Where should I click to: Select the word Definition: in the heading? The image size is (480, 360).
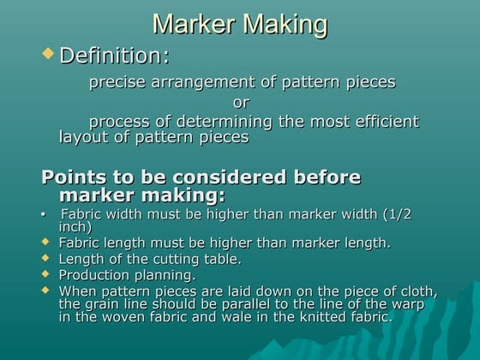[114, 57]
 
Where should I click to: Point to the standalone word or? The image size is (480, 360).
[241, 103]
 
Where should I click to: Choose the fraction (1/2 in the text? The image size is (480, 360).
[397, 213]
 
